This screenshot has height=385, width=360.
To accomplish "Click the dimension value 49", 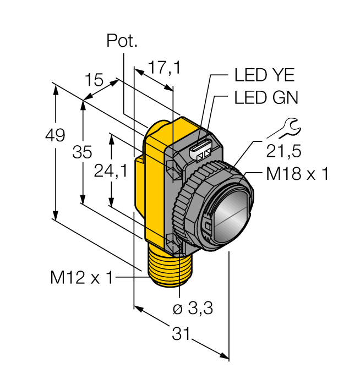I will [56, 135].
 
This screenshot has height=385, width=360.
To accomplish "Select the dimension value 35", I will [83, 152].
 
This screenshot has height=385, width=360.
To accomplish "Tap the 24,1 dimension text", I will [111, 172].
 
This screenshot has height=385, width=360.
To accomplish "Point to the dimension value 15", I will [94, 81].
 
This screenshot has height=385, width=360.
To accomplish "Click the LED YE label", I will [264, 74].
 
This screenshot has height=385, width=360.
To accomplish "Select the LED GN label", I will [266, 98].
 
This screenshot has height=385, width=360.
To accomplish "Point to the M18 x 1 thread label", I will [297, 174].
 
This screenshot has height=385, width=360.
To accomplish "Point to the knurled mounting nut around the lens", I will [184, 209].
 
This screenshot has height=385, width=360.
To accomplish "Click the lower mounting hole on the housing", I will [173, 240].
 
